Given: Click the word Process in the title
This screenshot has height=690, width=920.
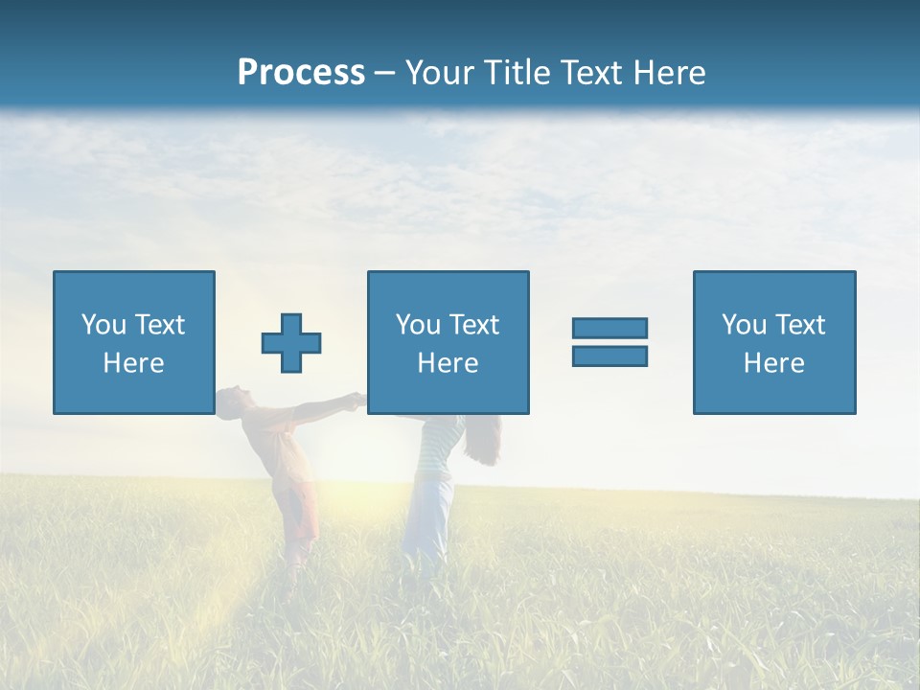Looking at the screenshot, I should pos(301,73).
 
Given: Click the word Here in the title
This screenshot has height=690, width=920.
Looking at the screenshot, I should pos(667,73).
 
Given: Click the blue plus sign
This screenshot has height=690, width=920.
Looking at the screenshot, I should pos(291,342).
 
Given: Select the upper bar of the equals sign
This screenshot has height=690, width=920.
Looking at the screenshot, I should pos(609,328).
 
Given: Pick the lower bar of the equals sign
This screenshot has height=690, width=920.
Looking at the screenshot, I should pos(609,356).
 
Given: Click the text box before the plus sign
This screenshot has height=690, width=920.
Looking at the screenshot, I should pos(133,342).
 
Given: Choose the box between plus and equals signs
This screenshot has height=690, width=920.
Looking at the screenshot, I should pos(448,342).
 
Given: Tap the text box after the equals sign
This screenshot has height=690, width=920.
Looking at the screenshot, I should pos(773,342).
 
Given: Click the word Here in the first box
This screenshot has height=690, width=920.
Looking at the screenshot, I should pos(133,363).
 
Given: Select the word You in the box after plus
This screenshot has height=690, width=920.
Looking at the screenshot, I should pos(418,325).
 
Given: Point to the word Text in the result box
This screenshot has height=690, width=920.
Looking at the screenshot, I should pos(799,325).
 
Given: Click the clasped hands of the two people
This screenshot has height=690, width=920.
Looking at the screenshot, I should pos(356,401).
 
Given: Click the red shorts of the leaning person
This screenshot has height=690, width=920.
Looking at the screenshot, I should pos(303,513).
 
